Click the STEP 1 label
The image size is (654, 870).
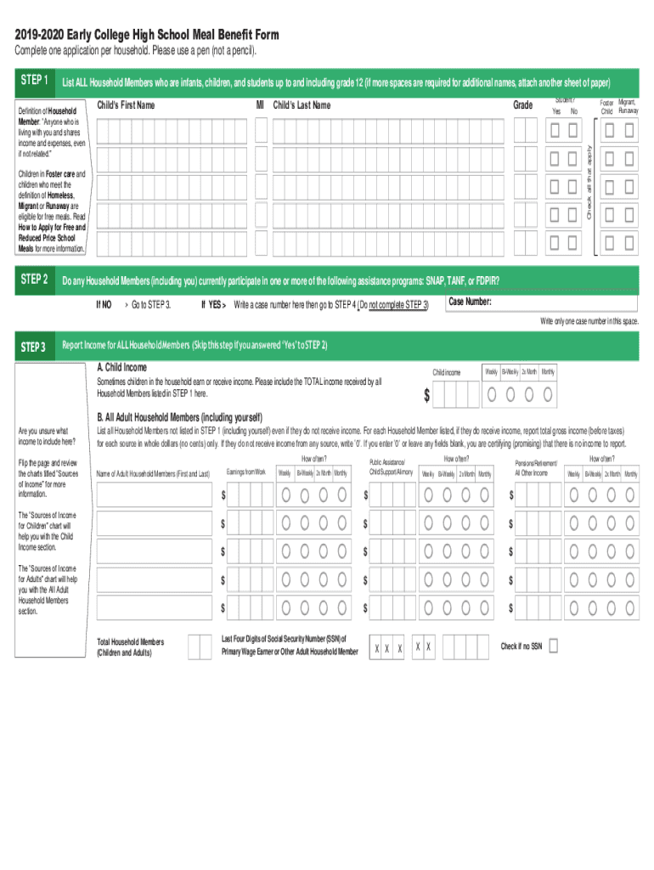33,82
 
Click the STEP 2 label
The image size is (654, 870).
33,280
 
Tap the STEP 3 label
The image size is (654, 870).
33,346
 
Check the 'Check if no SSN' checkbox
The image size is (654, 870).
554,647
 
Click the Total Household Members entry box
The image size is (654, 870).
200,647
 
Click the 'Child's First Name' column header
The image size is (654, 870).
126,105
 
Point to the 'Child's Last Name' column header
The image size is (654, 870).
302,105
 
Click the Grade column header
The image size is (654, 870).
522,105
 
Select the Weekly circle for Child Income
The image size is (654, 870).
493,394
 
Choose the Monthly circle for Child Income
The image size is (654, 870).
548,394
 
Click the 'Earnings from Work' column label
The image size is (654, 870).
246,472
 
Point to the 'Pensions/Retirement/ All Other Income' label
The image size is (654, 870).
536,467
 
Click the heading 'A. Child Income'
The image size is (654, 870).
121,367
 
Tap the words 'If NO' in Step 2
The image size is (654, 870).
104,304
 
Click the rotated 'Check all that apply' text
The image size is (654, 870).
589,182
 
